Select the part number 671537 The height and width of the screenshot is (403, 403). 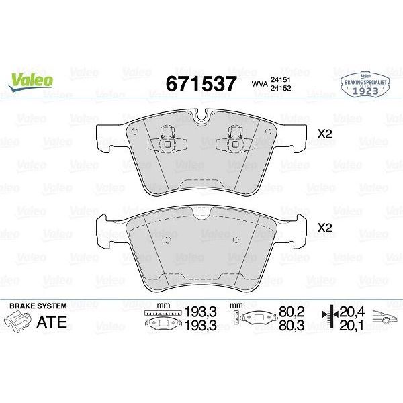coord(201,84)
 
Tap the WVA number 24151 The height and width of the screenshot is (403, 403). coord(281,80)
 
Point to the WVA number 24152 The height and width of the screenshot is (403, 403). coord(281,88)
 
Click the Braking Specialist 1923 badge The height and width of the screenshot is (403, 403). coord(365,84)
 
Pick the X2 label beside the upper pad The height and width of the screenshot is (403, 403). coord(325,134)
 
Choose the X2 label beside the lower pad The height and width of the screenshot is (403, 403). coord(325,228)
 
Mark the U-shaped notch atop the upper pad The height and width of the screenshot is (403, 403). coord(201,115)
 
